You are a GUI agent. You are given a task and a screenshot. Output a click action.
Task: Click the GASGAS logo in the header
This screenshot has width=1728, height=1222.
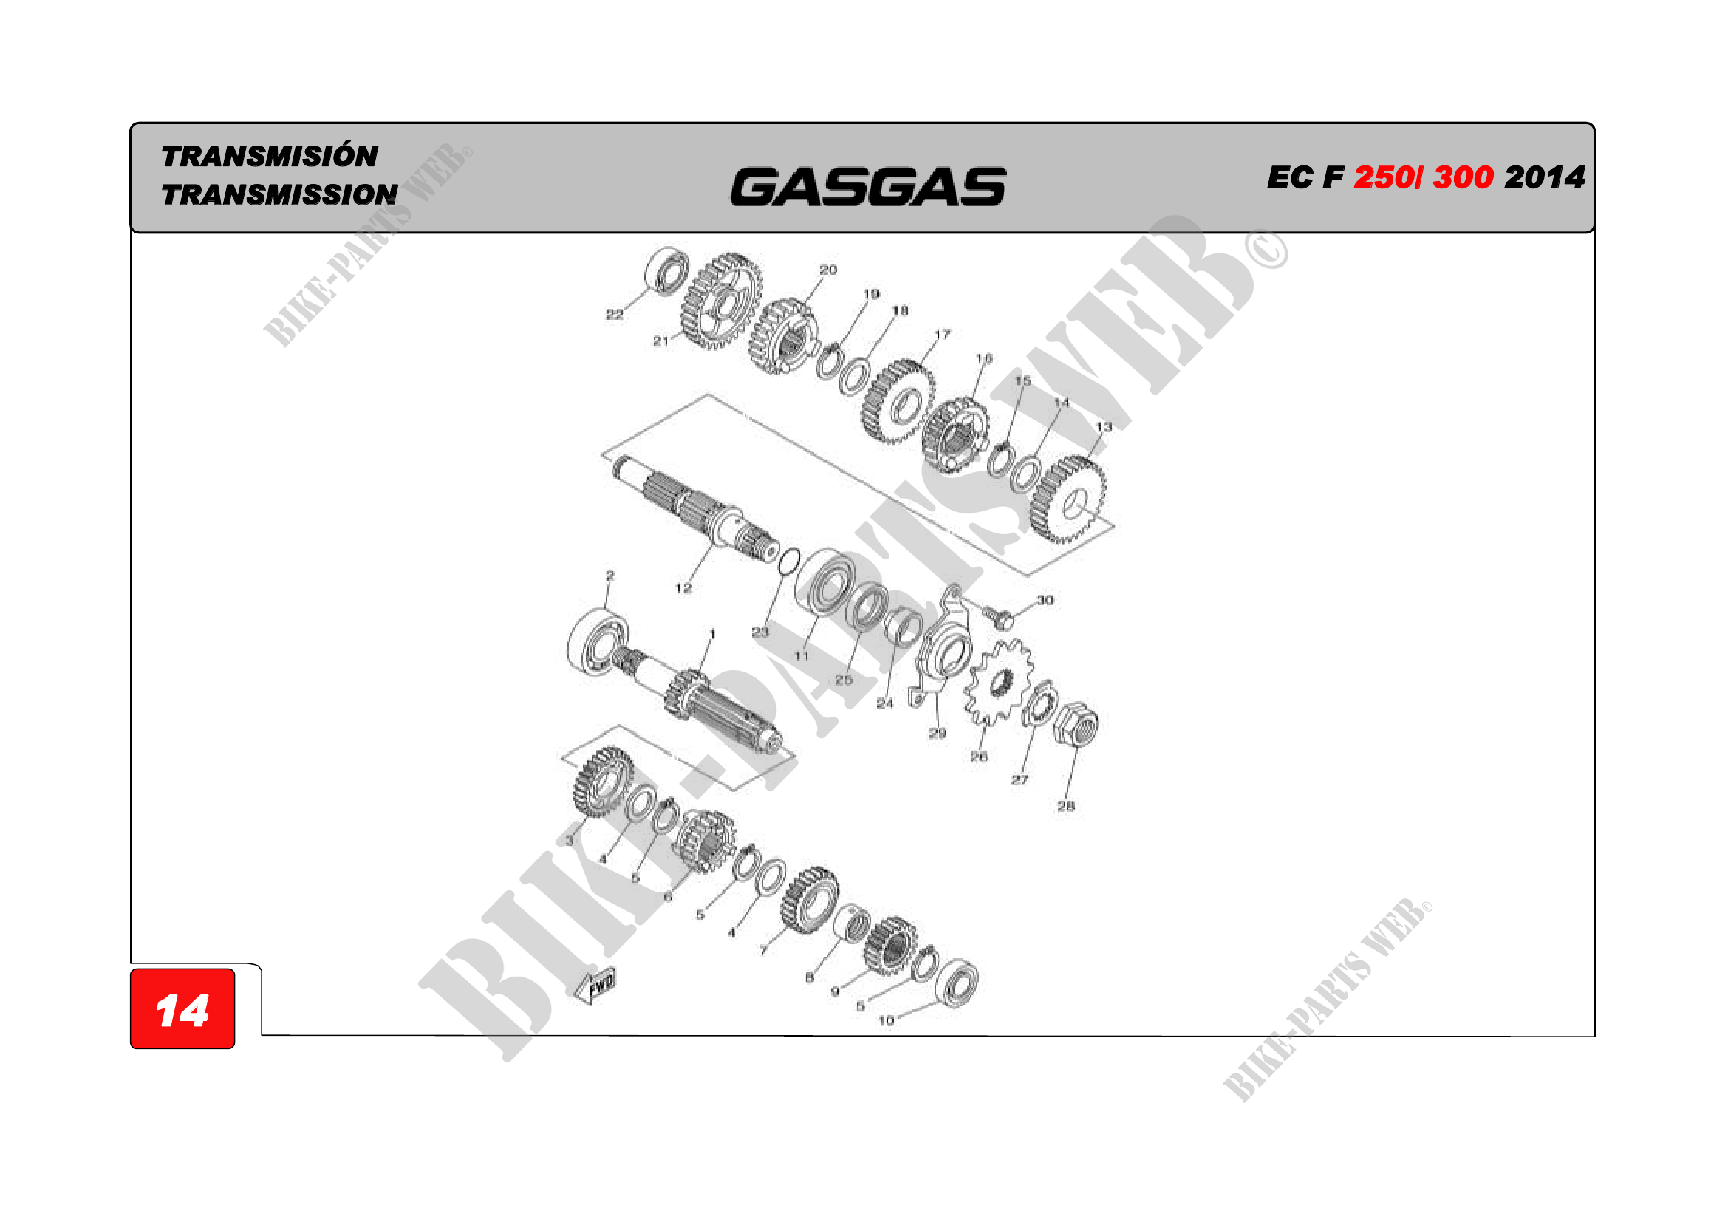tap(867, 187)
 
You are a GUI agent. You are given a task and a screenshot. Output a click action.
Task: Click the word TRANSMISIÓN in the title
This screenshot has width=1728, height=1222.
tap(270, 157)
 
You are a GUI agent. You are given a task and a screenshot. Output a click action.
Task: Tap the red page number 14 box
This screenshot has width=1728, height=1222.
tap(182, 1009)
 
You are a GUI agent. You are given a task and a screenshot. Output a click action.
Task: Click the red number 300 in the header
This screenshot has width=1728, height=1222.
tap(1462, 177)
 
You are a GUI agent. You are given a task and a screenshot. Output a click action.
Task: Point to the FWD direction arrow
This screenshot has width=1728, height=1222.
tap(596, 986)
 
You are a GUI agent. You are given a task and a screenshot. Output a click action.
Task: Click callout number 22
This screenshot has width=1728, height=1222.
tap(614, 315)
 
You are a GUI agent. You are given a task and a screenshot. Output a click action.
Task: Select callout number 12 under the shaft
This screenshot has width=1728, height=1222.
tap(683, 587)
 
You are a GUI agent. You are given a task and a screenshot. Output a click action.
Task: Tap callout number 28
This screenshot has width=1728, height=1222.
tap(1066, 806)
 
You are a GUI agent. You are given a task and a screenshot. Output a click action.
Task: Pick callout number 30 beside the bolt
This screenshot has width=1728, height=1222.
tap(1045, 600)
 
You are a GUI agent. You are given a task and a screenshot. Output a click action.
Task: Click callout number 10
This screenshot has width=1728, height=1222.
tap(886, 1020)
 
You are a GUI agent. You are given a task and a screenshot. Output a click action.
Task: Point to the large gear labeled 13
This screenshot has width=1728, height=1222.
tap(1068, 499)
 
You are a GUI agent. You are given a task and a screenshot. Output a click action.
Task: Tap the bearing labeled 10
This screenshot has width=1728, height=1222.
tap(957, 983)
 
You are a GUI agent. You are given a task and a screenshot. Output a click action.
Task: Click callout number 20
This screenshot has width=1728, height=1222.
tap(828, 270)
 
